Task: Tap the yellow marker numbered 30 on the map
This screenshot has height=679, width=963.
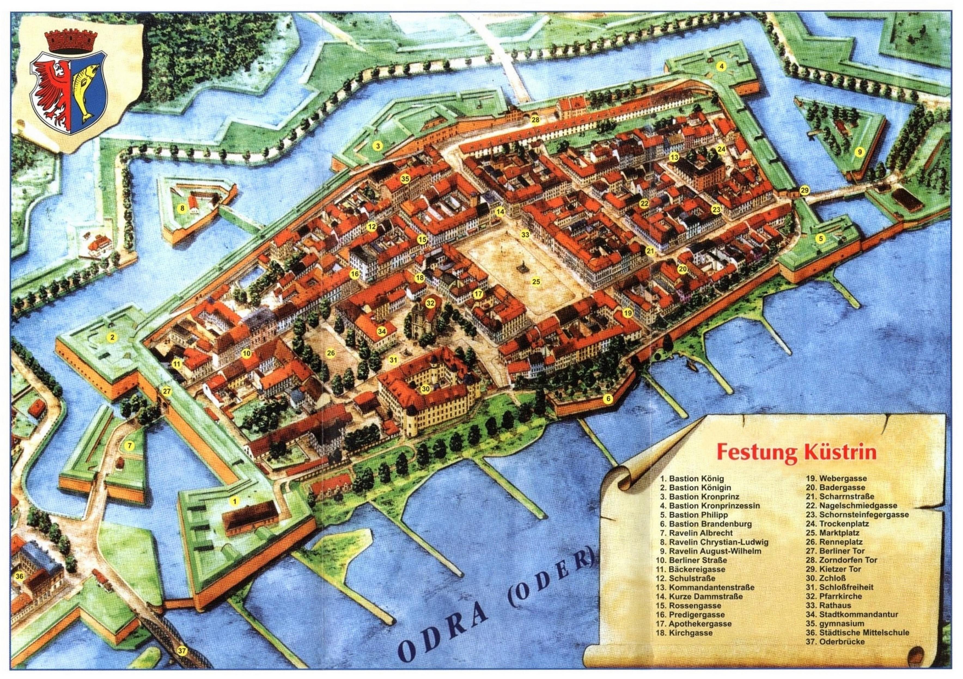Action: click(x=426, y=389)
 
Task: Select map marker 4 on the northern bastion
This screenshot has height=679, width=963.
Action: click(x=721, y=66)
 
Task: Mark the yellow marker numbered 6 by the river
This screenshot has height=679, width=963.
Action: click(x=608, y=399)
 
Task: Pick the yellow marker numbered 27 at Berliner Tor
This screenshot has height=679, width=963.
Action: click(x=167, y=392)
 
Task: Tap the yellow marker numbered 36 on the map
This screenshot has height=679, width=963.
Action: click(x=19, y=577)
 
